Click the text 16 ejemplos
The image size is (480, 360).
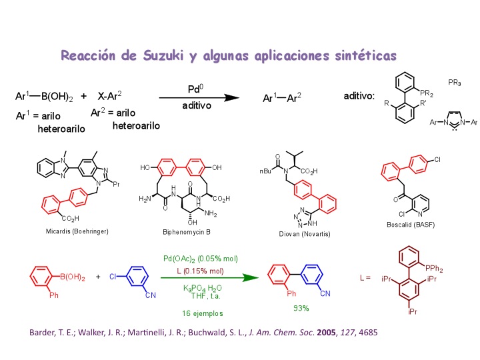pos(202,312)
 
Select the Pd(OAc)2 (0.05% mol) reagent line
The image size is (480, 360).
pos(201,259)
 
